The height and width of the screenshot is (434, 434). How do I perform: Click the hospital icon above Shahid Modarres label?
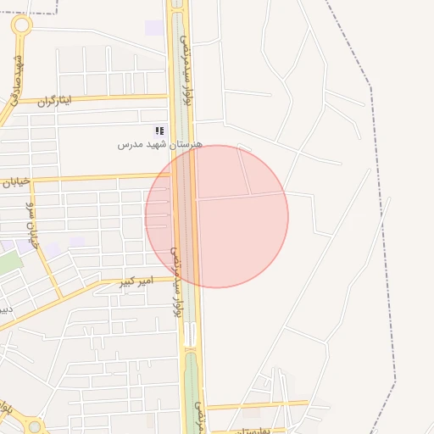point(159,131)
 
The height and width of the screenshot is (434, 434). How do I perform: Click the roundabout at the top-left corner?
point(21,25)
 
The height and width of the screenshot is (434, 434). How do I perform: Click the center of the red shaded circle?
point(217,216)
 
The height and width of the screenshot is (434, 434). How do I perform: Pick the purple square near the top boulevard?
point(153,27)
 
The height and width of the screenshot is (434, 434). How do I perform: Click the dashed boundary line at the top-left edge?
point(34,14)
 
